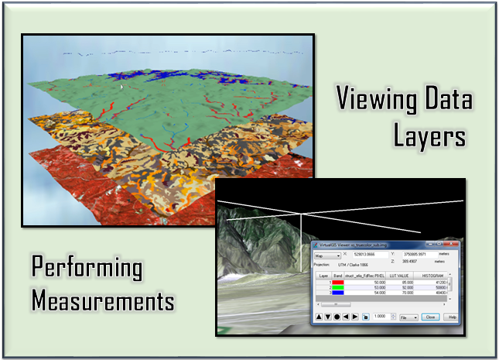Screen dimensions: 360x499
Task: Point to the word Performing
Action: tap(87, 268)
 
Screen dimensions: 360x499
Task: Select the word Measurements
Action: tap(103, 300)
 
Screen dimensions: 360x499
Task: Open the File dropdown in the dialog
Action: tap(405, 317)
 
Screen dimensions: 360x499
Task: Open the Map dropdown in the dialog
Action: tap(327, 255)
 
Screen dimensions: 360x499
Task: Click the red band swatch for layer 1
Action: tap(337, 283)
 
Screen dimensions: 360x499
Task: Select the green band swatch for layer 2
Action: tap(337, 288)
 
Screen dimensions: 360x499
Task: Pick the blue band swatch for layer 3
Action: tap(337, 293)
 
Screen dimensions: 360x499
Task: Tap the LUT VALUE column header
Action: tap(398, 276)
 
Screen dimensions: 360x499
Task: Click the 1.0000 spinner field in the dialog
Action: tap(379, 317)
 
